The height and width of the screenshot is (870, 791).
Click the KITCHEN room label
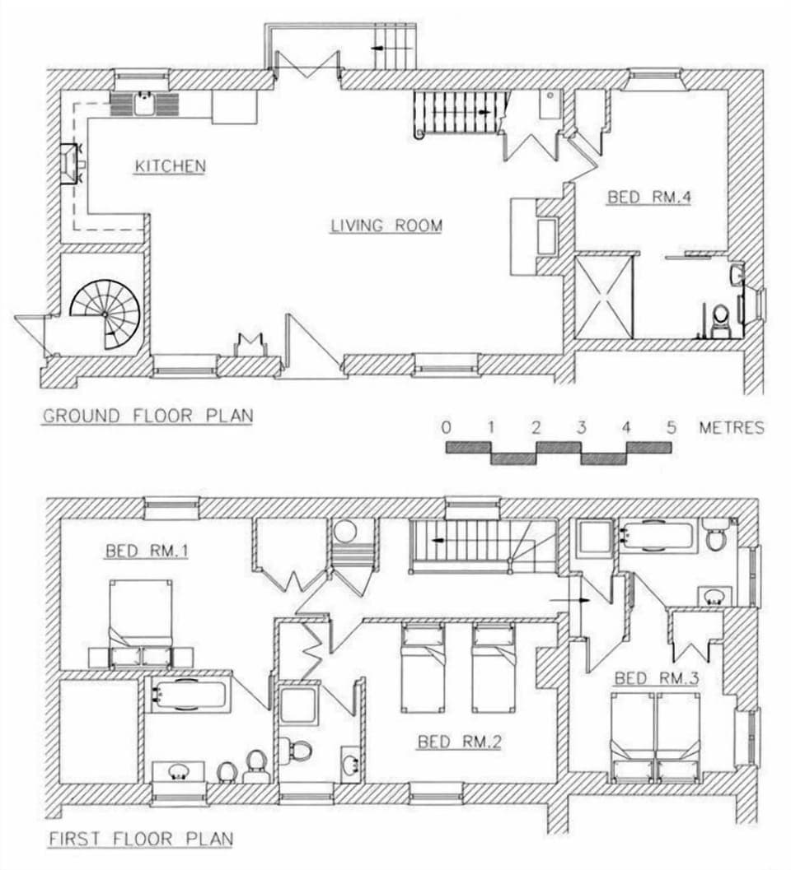coord(170,166)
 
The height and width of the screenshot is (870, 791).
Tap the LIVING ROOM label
coord(386,226)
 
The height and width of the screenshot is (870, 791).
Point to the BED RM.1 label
coord(146,551)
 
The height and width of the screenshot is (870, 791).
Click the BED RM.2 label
coord(459,742)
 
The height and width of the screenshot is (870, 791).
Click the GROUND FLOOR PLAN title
coord(147,416)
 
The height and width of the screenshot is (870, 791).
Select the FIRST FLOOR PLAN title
coord(139,840)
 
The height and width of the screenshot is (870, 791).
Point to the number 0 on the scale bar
coord(446,427)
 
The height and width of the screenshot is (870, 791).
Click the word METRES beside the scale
coord(731,427)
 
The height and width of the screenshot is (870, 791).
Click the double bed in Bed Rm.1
coord(141,622)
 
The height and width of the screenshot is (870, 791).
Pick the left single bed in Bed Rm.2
coord(423,668)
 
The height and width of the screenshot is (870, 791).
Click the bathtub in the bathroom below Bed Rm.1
coord(189,694)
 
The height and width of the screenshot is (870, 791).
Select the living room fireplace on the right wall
coord(546,236)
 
